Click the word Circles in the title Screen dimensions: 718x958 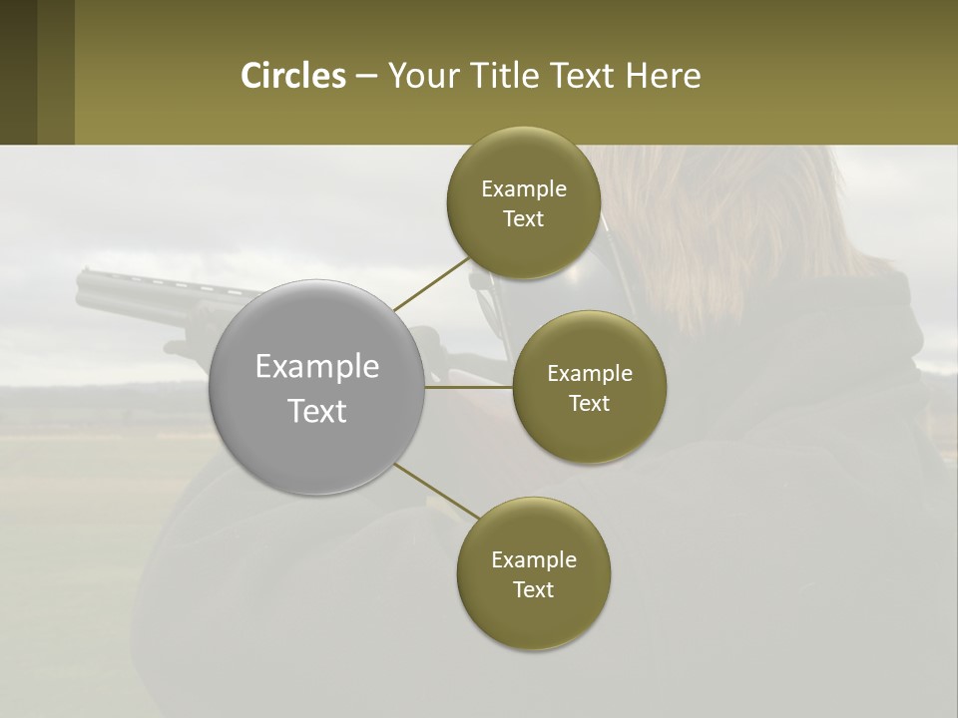coord(292,76)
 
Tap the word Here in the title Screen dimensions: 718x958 coord(663,76)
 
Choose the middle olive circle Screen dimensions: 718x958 coord(589,429)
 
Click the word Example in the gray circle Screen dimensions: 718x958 coord(317,367)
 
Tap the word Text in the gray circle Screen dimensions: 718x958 coord(317,411)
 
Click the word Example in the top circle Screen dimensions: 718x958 coord(524,189)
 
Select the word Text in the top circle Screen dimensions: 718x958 coord(523,219)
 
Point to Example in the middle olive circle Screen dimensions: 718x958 coord(590,374)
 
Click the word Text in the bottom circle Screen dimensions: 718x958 coord(533,589)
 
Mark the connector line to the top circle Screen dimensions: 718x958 coord(431,283)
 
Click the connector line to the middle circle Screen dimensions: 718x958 coord(468,387)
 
